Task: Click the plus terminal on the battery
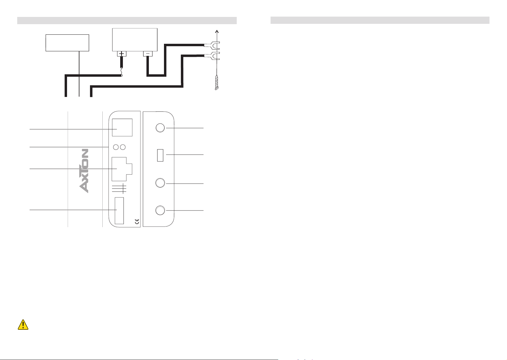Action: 122,54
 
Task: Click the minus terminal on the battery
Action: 148,54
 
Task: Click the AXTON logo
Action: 84,171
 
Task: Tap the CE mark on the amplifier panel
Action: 137,221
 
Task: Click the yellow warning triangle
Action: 23,324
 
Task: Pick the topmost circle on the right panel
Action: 160,128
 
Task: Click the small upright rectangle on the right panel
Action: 160,155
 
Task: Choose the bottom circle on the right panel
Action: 160,210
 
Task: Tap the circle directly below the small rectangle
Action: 160,183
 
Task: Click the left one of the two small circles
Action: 116,147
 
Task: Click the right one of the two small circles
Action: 123,147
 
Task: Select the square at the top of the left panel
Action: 122,127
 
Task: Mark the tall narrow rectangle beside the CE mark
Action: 119,211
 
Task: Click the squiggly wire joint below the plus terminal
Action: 122,72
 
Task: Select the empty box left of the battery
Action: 67,43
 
